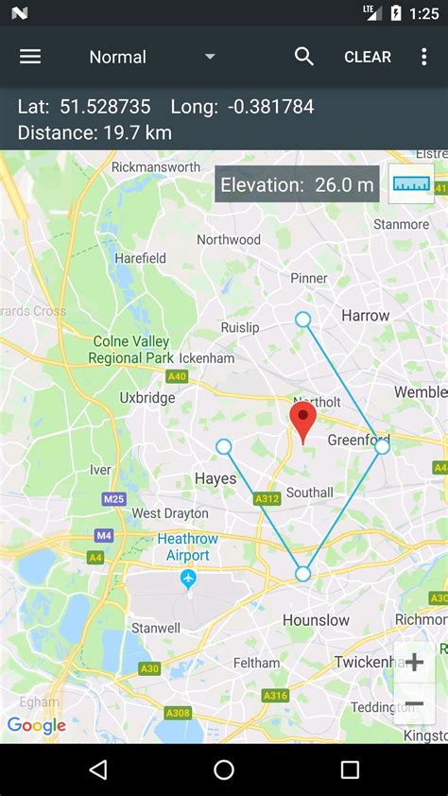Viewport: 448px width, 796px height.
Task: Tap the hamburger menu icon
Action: pos(30,57)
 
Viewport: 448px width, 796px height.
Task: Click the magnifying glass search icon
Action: pos(304,57)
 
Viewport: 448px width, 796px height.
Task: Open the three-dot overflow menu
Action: pos(423,57)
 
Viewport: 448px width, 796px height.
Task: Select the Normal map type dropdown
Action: pos(151,57)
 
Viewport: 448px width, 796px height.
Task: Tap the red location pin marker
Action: pos(302,422)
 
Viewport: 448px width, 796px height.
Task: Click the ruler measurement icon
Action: pos(411,183)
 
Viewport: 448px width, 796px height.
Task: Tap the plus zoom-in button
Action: pos(414,662)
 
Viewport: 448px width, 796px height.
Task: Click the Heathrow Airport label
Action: pos(187,546)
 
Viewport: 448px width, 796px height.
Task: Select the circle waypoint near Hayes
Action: pos(223,446)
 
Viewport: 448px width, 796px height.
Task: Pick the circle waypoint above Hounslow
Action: pos(302,574)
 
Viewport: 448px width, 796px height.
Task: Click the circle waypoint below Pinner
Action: pos(302,320)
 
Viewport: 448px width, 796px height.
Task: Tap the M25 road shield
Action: pos(114,499)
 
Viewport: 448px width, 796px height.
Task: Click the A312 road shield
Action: pos(267,498)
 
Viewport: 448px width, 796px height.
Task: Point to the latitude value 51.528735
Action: pos(105,107)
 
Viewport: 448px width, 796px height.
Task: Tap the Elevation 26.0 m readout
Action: pos(297,184)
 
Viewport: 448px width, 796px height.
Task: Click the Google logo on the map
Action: pos(36,726)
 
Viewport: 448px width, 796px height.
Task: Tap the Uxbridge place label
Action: pos(147,398)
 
